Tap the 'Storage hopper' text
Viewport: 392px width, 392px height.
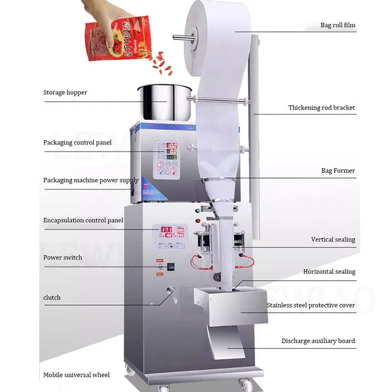click(65, 93)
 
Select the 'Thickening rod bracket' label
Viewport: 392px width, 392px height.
click(321, 108)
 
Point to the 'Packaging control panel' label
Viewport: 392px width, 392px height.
click(77, 143)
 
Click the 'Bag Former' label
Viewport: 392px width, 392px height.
click(338, 171)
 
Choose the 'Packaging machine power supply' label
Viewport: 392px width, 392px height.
click(91, 180)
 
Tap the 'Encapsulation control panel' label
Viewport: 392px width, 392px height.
click(83, 220)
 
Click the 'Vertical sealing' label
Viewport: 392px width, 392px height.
click(333, 240)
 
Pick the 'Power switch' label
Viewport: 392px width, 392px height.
click(63, 258)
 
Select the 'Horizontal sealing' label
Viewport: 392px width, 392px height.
click(329, 271)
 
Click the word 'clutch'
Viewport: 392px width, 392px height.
click(52, 298)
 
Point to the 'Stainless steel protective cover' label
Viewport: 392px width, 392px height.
click(311, 305)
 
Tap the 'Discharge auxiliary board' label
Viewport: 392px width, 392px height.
click(318, 341)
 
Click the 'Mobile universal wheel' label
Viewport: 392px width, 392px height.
click(76, 375)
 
